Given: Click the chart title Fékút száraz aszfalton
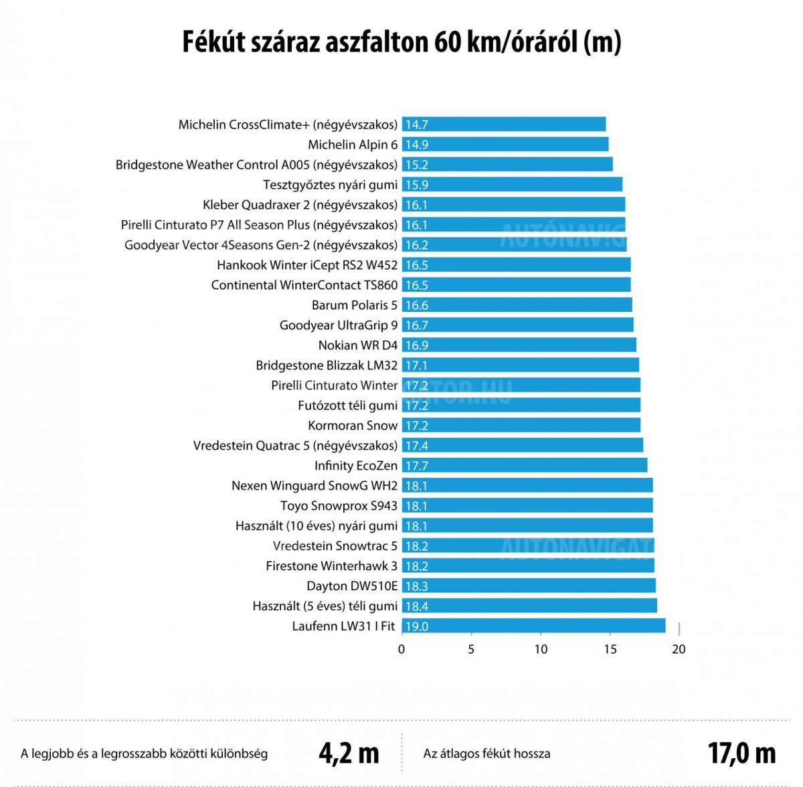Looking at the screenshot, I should pos(401,41).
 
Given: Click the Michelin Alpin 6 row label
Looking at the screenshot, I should pos(353,145).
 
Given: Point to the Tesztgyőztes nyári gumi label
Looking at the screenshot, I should pos(330,185).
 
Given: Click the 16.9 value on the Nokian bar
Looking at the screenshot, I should pos(416,345).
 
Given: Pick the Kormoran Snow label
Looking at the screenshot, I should pos(353,426).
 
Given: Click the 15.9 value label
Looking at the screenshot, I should pos(416,185).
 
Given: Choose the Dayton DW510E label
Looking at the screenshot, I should pos(352,586).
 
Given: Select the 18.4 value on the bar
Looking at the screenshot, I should pos(416,606).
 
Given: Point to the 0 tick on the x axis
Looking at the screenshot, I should pos(401,649).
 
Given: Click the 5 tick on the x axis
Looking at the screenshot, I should pos(471,649).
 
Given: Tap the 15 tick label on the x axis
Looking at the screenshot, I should pos(610,649).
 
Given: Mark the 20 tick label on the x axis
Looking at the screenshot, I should pos(679,649).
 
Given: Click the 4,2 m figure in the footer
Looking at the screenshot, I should pos(349,754).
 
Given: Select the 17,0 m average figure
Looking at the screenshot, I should pos(741,754).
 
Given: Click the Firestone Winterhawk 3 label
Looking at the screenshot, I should pos(331,566).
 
